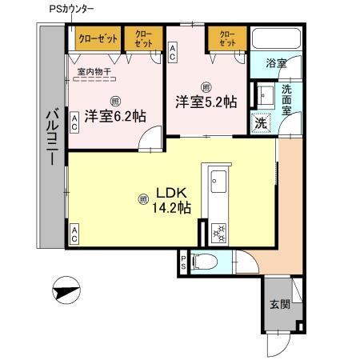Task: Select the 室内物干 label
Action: (94, 72)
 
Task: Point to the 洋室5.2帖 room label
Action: (206, 101)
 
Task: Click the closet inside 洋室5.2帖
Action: (226, 39)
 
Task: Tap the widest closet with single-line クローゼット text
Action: (98, 38)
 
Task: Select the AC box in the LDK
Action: (74, 234)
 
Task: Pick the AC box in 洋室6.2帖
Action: (74, 122)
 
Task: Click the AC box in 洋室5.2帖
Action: (174, 52)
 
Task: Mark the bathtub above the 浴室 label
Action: (274, 39)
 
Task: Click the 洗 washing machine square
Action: (260, 123)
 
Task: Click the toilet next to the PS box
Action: (205, 260)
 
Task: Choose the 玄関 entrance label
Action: (279, 304)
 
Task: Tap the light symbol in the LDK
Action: (144, 198)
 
